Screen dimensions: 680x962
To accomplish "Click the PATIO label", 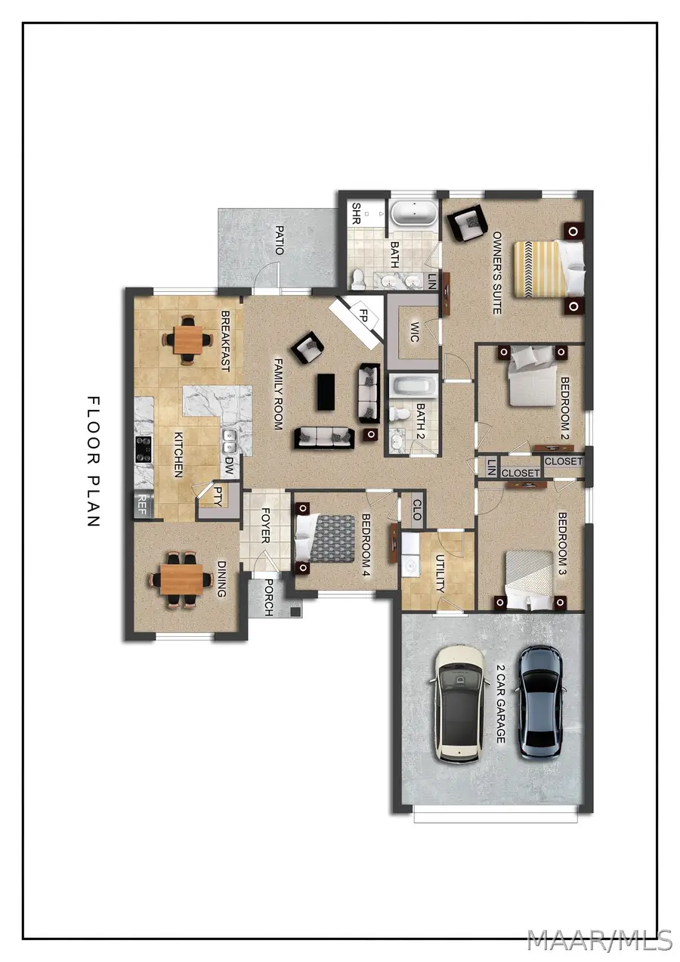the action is pyautogui.click(x=280, y=240).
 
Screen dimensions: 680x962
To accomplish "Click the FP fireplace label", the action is pyautogui.click(x=363, y=316).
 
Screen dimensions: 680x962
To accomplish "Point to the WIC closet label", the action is pyautogui.click(x=414, y=332).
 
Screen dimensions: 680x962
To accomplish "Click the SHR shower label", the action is pyautogui.click(x=356, y=213).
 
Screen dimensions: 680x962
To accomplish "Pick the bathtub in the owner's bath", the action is pyautogui.click(x=415, y=213).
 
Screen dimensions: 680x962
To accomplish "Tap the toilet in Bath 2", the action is pyautogui.click(x=399, y=414).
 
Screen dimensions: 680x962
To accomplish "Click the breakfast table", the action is pyautogui.click(x=187, y=340).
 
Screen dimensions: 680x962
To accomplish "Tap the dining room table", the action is pyautogui.click(x=181, y=579).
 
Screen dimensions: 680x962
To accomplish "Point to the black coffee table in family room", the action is pyautogui.click(x=326, y=392).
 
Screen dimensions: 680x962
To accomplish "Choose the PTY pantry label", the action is pyautogui.click(x=218, y=495).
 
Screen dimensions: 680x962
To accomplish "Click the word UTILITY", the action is pyautogui.click(x=440, y=574).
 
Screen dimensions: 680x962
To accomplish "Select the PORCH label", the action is pyautogui.click(x=268, y=597).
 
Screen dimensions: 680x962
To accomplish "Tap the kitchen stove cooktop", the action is pyautogui.click(x=144, y=449).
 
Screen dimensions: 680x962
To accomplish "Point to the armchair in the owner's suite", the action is pyautogui.click(x=467, y=222).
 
